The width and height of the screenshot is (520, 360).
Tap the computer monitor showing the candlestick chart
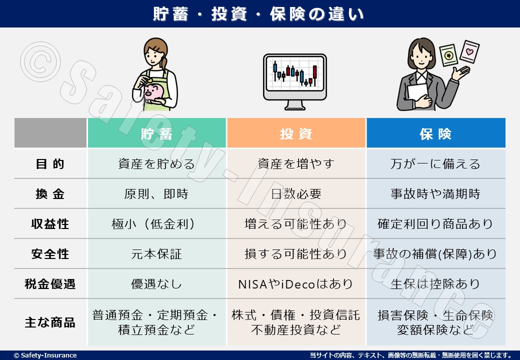295,81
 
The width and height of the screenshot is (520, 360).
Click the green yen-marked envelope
448,55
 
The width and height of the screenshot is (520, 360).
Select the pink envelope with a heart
469,51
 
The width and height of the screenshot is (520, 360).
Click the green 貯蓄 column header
157,133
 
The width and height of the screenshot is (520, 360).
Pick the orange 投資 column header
296,133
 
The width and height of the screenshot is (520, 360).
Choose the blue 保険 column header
436,133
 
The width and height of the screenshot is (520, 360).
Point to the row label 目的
50,164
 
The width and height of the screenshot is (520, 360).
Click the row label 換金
50,194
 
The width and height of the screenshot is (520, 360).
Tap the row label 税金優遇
50,284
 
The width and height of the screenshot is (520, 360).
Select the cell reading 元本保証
156,254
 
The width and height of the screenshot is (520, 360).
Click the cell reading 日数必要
296,194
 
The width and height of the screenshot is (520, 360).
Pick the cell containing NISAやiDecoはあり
296,284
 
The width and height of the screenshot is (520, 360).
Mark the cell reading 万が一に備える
436,164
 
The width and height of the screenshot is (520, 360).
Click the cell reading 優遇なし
156,284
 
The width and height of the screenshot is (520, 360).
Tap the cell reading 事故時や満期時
436,194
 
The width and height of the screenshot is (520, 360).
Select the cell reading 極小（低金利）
153,224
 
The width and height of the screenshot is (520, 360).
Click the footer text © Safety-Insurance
45,355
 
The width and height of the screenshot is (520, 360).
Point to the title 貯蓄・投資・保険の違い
258,14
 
